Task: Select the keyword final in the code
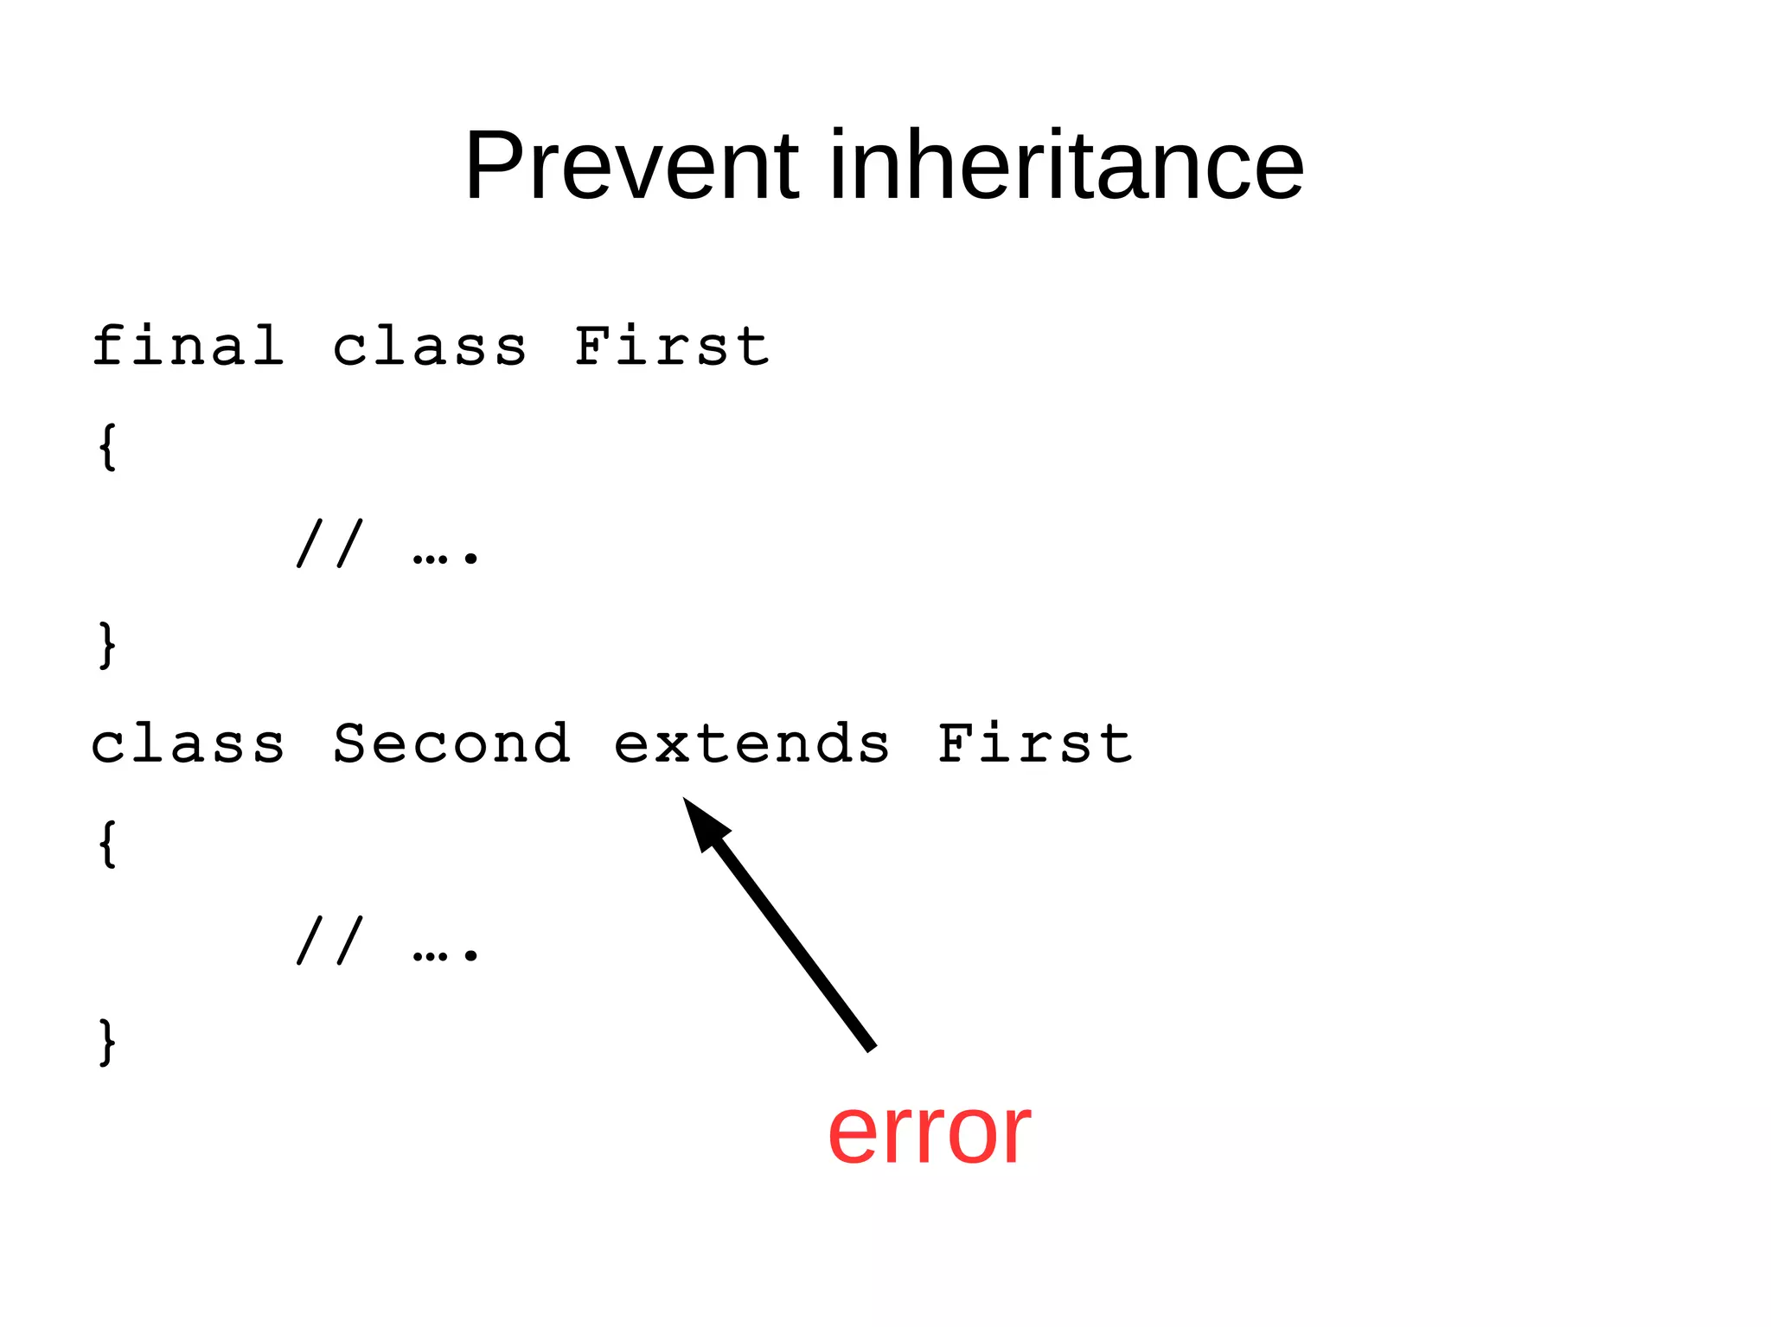click(x=188, y=347)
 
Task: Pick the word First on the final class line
click(x=671, y=347)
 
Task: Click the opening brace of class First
click(x=107, y=447)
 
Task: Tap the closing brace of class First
click(x=107, y=645)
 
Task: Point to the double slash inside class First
click(x=329, y=544)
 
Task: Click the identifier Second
click(x=451, y=743)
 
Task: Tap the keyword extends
click(x=751, y=744)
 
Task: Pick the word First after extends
click(x=1034, y=743)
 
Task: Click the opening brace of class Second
click(x=107, y=844)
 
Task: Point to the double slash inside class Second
click(x=329, y=941)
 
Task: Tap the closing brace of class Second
click(x=107, y=1043)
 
